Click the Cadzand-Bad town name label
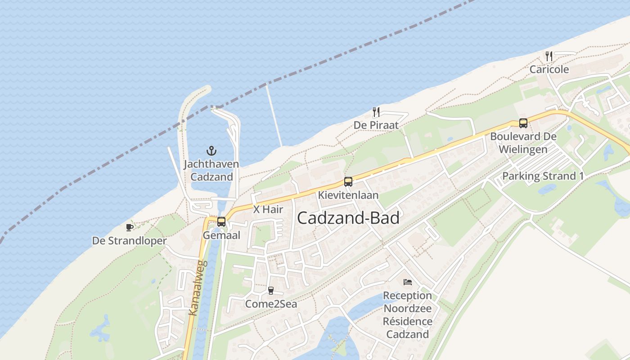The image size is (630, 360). click(348, 218)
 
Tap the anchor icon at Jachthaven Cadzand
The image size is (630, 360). click(211, 151)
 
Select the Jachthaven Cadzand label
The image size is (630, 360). click(211, 170)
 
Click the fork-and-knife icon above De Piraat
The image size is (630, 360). click(376, 112)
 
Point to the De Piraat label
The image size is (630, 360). click(376, 125)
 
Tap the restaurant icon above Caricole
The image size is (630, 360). click(549, 56)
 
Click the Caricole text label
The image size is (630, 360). click(549, 69)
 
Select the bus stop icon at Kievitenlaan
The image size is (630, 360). click(348, 182)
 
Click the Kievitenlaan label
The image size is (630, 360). click(348, 195)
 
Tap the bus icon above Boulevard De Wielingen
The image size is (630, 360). click(523, 123)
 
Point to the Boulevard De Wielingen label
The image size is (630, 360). click(523, 143)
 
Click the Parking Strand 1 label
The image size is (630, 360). click(543, 176)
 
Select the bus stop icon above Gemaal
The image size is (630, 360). click(221, 222)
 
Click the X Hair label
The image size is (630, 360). click(268, 209)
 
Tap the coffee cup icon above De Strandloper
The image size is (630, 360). click(130, 227)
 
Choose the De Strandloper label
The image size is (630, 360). click(130, 241)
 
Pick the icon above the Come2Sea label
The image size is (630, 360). click(271, 291)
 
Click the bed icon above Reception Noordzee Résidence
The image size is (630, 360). click(408, 282)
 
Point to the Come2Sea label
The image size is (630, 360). click(271, 304)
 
